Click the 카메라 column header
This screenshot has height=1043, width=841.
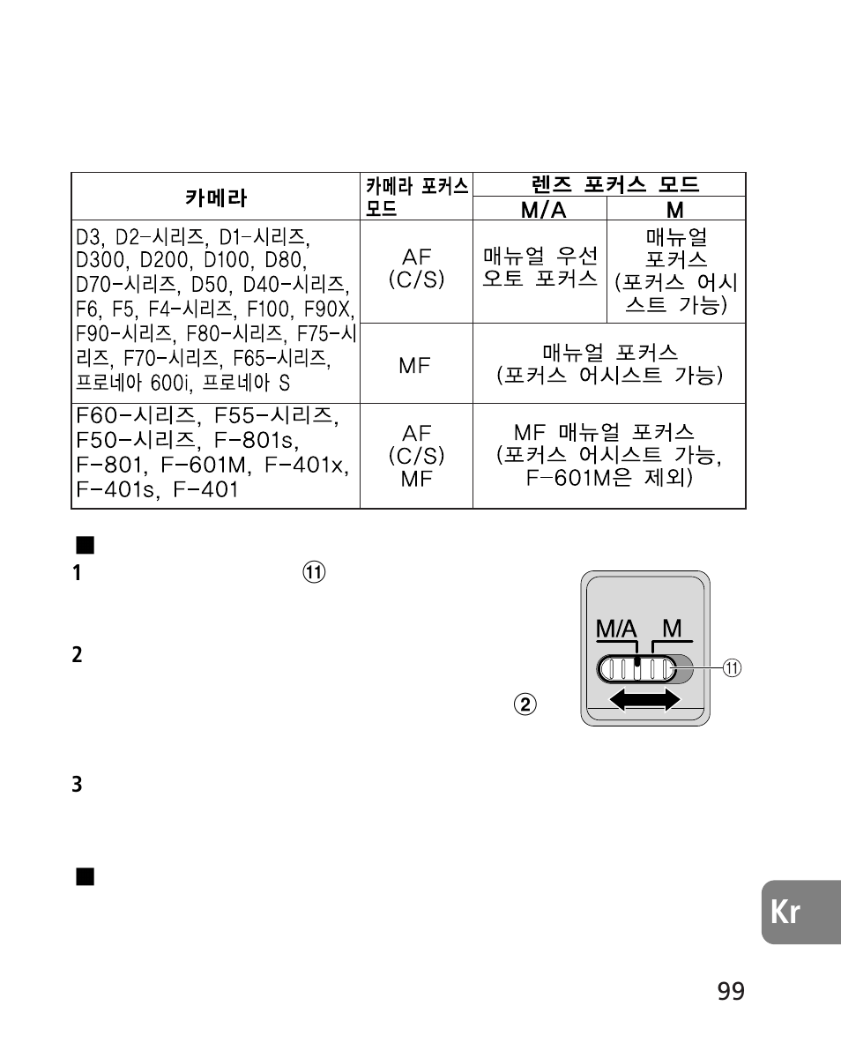coord(215,197)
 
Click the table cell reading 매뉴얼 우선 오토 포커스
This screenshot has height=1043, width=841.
coord(540,267)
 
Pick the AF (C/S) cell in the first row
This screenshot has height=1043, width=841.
coord(416,268)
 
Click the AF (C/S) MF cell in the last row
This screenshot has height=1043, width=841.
coord(416,456)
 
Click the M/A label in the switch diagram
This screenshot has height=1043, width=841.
coord(614,629)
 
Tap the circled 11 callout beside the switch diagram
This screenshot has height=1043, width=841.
coord(732,668)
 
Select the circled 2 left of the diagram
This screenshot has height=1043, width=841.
coord(525,704)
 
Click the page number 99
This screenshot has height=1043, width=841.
coord(731,991)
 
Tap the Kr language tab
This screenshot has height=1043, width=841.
coord(787,913)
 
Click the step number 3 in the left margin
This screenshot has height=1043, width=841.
coord(78,783)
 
